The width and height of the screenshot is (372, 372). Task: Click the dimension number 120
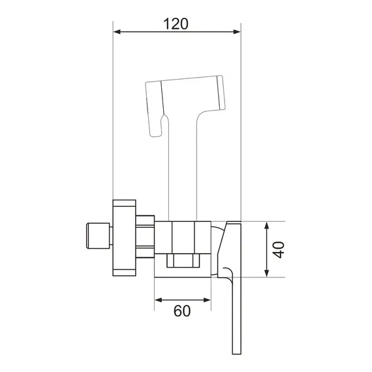pos(176,23)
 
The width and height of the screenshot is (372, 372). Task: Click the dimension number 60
pos(182,311)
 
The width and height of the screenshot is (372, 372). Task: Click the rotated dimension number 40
pos(278,249)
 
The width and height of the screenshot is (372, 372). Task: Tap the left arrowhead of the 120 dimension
pos(117,32)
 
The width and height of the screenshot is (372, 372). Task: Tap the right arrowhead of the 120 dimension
pos(237,32)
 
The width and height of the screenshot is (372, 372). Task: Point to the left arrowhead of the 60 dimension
pos(159,300)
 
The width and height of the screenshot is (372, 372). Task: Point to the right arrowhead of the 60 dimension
pos(207,300)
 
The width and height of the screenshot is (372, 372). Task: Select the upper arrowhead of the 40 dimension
pos(267,226)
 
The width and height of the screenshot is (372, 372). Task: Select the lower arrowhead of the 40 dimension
pos(267,273)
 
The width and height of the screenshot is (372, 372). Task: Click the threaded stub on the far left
pos(98,236)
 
